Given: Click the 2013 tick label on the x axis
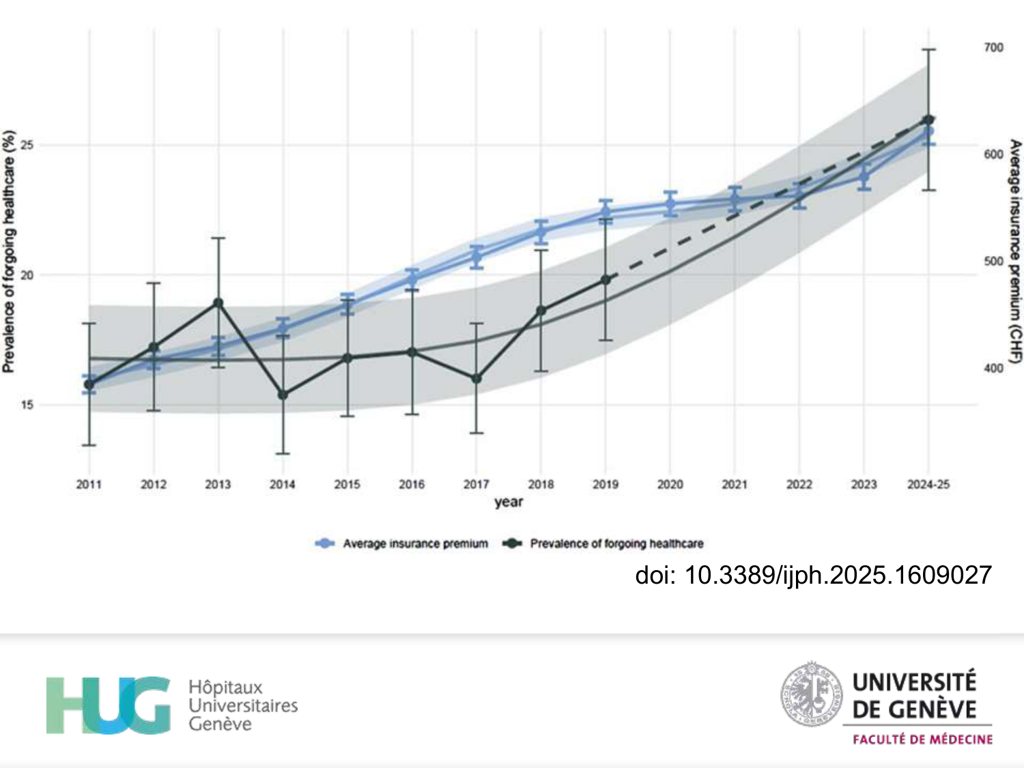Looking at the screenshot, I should (x=218, y=484).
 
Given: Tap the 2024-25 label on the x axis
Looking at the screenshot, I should (x=928, y=484).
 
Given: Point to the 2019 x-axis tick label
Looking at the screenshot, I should (x=606, y=484).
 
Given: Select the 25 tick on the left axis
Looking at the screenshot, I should (x=27, y=145).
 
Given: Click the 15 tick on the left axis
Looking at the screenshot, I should (x=27, y=405).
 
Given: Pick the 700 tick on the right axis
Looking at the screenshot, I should (x=993, y=47).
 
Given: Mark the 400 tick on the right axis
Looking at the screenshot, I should (x=993, y=369).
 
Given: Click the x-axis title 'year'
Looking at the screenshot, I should (x=509, y=502).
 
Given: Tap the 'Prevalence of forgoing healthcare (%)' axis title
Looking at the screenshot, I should (x=9, y=251).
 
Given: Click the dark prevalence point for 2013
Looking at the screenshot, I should (x=218, y=302).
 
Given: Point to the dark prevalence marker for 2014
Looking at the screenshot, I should (x=283, y=395).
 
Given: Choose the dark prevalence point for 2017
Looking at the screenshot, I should (x=477, y=378).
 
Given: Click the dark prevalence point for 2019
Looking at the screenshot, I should (x=606, y=280).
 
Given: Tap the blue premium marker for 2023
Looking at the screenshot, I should (x=864, y=177).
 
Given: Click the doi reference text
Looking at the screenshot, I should (x=812, y=575).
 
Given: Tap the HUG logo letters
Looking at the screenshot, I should (x=108, y=705).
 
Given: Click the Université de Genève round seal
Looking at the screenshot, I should (x=811, y=694).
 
